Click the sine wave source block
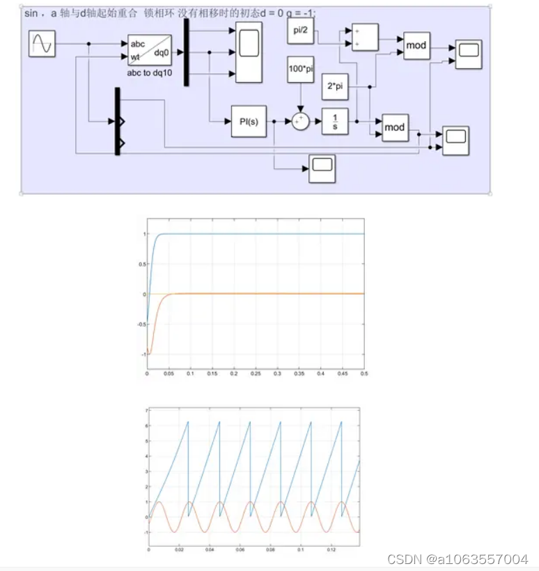(42, 45)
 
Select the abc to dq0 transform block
(149, 49)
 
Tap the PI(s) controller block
(249, 121)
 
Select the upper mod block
(416, 46)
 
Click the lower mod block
(395, 127)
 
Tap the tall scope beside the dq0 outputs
(249, 52)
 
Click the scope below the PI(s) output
(322, 166)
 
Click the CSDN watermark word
(402, 559)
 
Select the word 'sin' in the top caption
(33, 14)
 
